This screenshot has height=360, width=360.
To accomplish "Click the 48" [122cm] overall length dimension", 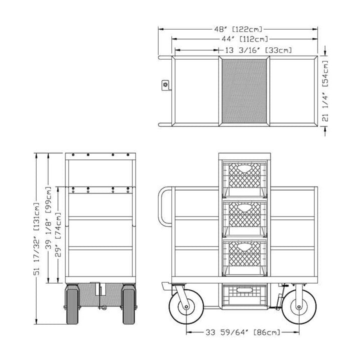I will click(238, 29).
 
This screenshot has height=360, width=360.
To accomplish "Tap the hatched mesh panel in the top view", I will click(244, 91).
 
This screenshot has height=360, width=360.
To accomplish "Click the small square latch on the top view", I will click(165, 85).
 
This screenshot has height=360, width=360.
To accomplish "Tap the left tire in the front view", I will click(72, 302).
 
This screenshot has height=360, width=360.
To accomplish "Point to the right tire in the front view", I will click(128, 302).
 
